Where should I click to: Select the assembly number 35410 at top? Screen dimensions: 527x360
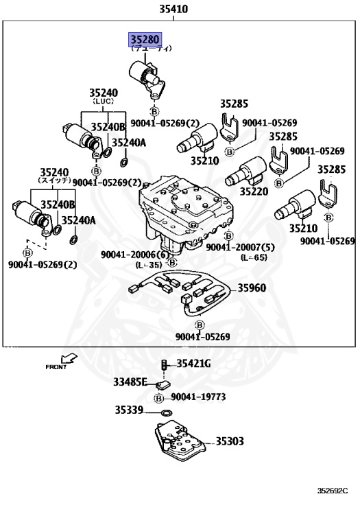[x=173, y=10]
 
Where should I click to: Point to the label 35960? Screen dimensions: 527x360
[x=252, y=288]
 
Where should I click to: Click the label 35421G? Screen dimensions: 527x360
[x=195, y=364]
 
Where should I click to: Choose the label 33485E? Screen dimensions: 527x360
[x=130, y=382]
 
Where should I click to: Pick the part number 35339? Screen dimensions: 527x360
[x=128, y=410]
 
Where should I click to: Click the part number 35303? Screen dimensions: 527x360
[x=230, y=441]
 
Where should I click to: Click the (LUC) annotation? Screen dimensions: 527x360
[x=103, y=101]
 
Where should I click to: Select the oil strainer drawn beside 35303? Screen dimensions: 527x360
[x=176, y=441]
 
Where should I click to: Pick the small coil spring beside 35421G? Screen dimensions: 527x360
[x=164, y=364]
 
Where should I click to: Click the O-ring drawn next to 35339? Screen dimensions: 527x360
[x=165, y=412]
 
